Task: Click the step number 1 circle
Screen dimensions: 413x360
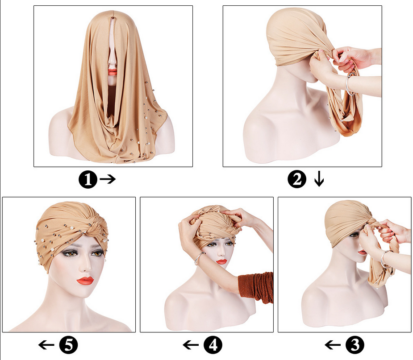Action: pyautogui.click(x=88, y=179)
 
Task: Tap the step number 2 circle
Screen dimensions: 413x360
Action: pyautogui.click(x=297, y=179)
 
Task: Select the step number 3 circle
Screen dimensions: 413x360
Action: pyautogui.click(x=355, y=345)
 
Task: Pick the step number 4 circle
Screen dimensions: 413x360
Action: pyautogui.click(x=213, y=345)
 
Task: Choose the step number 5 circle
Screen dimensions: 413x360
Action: pyautogui.click(x=68, y=345)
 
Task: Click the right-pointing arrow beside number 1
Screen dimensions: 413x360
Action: pyautogui.click(x=108, y=179)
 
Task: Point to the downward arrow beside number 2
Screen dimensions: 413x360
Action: pyautogui.click(x=319, y=179)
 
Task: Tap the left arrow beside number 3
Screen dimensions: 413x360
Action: pyautogui.click(x=333, y=345)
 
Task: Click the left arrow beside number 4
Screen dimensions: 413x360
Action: pyautogui.click(x=191, y=345)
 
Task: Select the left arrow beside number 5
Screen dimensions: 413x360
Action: pyautogui.click(x=46, y=345)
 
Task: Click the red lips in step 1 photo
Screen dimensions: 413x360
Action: pyautogui.click(x=113, y=71)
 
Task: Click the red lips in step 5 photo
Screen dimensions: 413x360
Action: pyautogui.click(x=85, y=281)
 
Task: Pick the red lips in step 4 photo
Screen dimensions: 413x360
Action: pyautogui.click(x=221, y=261)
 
